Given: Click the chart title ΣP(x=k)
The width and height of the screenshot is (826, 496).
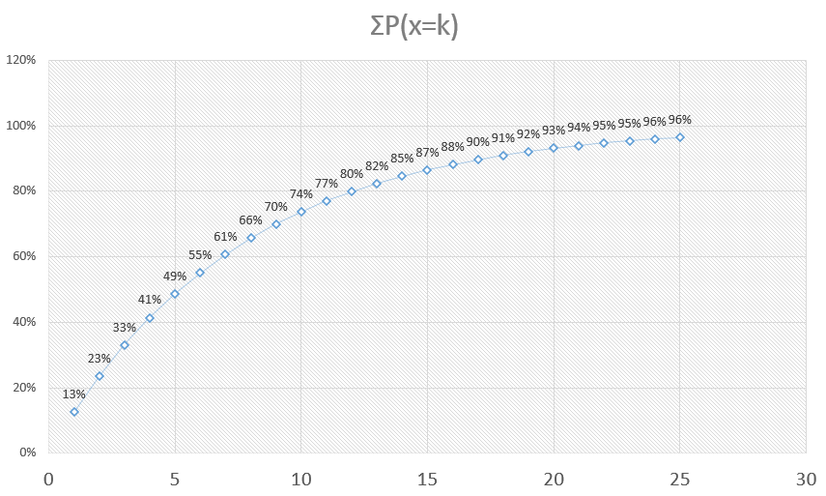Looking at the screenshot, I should pyautogui.click(x=406, y=26).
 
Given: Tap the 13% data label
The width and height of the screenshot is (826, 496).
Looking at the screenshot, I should pyautogui.click(x=74, y=394).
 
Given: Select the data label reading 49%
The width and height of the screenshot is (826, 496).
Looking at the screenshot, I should pyautogui.click(x=175, y=276).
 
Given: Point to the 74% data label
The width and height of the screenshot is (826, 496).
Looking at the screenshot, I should pyautogui.click(x=300, y=193).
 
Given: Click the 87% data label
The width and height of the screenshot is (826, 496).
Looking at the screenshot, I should pyautogui.click(x=427, y=152).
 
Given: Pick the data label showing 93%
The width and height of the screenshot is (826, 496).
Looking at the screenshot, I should pyautogui.click(x=554, y=130).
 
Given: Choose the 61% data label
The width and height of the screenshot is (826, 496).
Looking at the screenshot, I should pyautogui.click(x=225, y=236).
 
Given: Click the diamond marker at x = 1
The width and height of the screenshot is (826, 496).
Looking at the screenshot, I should pyautogui.click(x=74, y=412).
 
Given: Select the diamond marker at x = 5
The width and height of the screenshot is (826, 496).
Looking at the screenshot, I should pyautogui.click(x=175, y=294).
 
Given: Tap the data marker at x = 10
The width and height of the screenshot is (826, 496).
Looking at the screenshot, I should pyautogui.click(x=301, y=212).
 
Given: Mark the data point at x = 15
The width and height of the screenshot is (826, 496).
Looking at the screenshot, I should pyautogui.click(x=427, y=170).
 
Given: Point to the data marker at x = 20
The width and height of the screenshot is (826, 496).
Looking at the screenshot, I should pyautogui.click(x=554, y=148).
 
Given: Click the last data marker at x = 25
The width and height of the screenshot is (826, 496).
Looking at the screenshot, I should pyautogui.click(x=680, y=137).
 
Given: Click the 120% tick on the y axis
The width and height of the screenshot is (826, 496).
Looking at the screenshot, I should pyautogui.click(x=21, y=60).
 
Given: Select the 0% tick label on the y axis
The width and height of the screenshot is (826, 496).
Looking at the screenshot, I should pyautogui.click(x=27, y=452).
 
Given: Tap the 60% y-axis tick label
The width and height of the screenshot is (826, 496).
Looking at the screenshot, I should pyautogui.click(x=24, y=256).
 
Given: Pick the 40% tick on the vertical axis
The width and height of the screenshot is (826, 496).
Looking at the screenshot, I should pyautogui.click(x=24, y=322).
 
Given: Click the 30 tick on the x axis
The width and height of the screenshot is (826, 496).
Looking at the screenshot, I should pyautogui.click(x=806, y=478).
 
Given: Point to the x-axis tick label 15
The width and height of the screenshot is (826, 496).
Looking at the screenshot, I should pyautogui.click(x=427, y=478).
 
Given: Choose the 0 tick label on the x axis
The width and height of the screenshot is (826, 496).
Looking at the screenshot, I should pyautogui.click(x=48, y=478).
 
